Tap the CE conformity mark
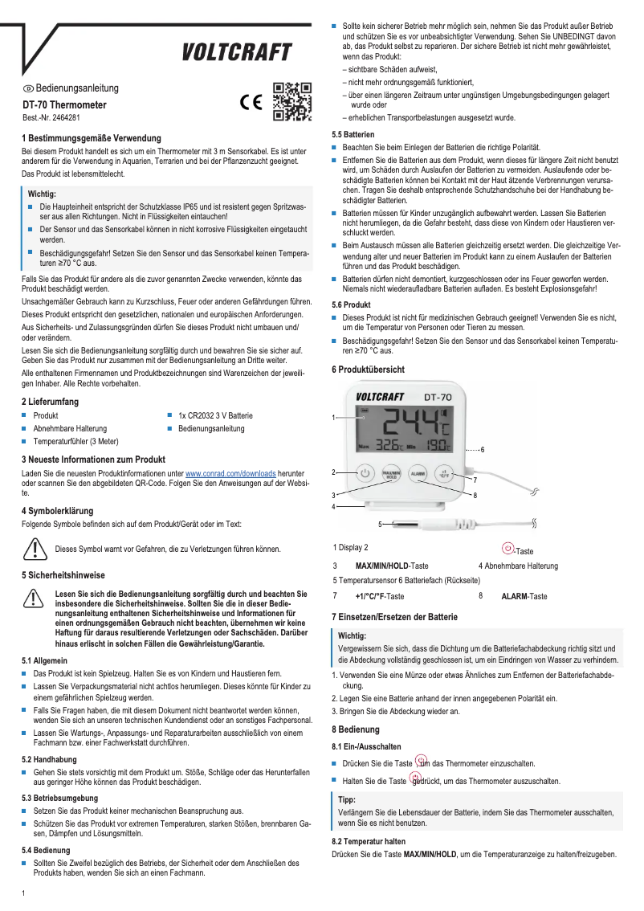pos(252,104)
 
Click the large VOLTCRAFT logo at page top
pos(235,53)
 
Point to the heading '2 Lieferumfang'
pos(50,400)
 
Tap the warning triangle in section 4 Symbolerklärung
pos(35,548)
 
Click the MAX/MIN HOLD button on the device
pos(391,474)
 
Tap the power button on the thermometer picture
pos(365,473)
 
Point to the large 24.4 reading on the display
pos(413,423)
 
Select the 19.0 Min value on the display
pos(438,447)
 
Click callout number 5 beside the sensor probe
pos(380,524)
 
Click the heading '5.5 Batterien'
pos(353,134)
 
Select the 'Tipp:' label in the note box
pos(347,800)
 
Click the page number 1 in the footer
pos(24,893)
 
